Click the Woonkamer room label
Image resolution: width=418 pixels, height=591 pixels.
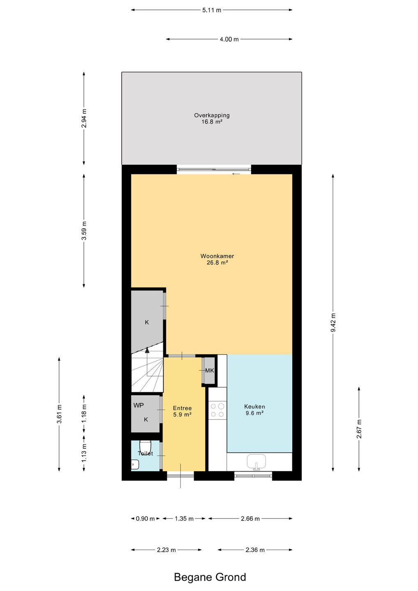point(217,256)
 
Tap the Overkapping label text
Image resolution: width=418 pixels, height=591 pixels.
point(211,115)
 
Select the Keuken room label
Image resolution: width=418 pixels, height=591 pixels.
point(255,407)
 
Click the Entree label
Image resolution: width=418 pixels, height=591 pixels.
point(182,408)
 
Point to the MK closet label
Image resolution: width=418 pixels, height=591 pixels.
point(209,371)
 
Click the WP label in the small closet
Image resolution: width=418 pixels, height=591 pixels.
point(138,405)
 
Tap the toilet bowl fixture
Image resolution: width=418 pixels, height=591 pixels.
point(145,447)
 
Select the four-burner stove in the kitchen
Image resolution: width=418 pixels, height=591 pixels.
point(218,410)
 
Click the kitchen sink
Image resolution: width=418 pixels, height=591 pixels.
point(256,461)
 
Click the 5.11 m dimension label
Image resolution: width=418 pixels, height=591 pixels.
point(211,10)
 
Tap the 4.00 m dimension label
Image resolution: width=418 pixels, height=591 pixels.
point(229,39)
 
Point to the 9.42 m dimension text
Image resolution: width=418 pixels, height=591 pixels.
point(333,323)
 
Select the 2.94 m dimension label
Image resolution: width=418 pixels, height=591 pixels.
point(84,118)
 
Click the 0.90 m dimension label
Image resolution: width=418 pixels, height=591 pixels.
point(145,519)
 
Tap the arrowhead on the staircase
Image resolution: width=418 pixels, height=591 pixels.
point(147,350)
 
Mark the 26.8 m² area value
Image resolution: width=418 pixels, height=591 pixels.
point(217,263)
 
